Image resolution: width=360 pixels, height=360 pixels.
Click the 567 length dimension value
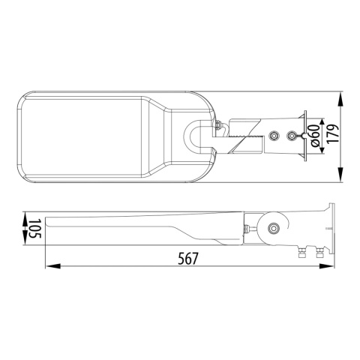point(188,259)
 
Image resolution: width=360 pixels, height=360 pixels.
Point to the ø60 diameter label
point(314,136)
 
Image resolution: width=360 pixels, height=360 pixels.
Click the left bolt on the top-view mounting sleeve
point(274,136)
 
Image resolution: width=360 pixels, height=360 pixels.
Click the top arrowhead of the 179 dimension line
point(342,96)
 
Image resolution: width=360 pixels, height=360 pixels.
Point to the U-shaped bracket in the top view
point(196,136)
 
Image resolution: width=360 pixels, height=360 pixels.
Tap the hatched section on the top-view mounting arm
point(241,138)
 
